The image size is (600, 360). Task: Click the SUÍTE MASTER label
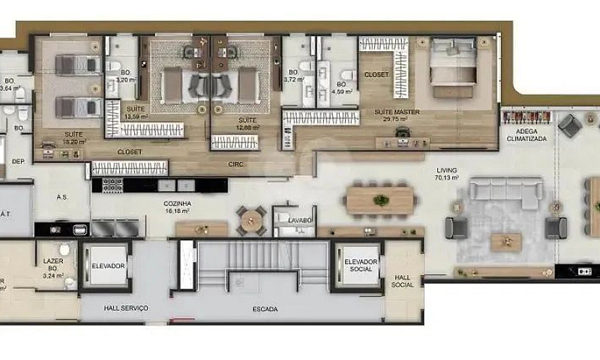(x=397, y=112)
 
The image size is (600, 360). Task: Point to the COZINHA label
(x=178, y=203)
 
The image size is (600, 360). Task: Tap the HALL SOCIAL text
(x=403, y=280)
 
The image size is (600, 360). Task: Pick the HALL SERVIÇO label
(x=125, y=308)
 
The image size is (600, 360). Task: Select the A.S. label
(x=62, y=198)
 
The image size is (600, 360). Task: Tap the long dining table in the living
(x=379, y=200)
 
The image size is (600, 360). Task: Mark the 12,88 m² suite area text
(x=247, y=127)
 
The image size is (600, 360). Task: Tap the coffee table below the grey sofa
(x=506, y=241)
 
